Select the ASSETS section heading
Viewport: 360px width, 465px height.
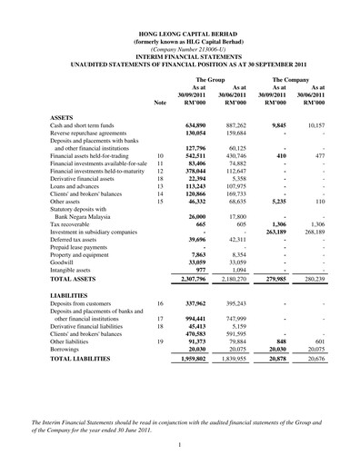click(x=64, y=118)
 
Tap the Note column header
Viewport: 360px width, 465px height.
click(x=161, y=104)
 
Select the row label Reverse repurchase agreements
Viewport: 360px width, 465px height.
click(x=90, y=134)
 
